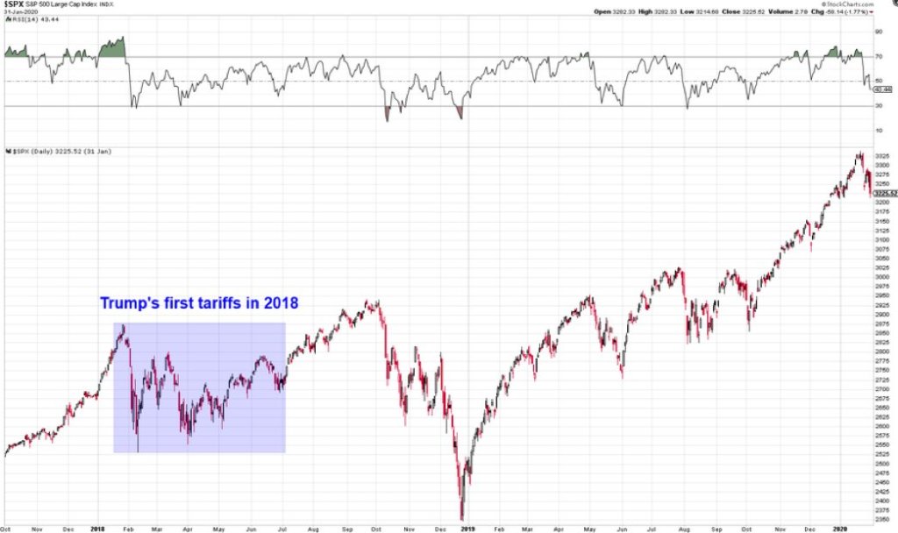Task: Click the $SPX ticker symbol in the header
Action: (x=15, y=4)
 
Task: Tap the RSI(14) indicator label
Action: (x=23, y=21)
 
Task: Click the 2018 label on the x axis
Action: (x=96, y=528)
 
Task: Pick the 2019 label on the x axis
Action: (x=467, y=528)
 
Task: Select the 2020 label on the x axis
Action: (x=840, y=528)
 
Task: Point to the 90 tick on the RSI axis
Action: (x=877, y=31)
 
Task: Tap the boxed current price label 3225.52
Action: (x=885, y=193)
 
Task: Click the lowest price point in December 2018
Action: (x=461, y=519)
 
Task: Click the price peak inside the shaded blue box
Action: (x=125, y=325)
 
